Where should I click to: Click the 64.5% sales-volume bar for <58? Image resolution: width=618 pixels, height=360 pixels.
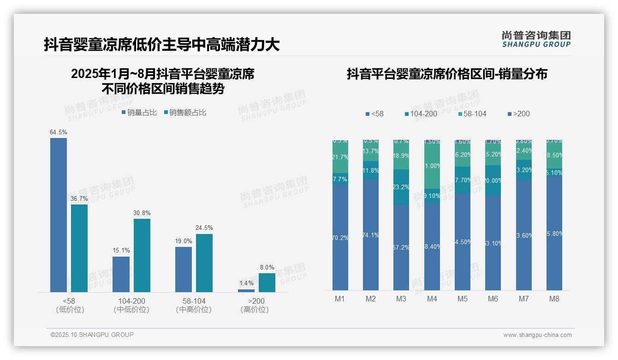coord(59,215)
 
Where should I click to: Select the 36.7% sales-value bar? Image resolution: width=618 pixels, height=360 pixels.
coord(79,248)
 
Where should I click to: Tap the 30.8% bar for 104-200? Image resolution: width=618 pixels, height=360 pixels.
coord(142,255)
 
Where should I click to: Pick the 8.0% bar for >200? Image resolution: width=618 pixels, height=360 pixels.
coord(267,282)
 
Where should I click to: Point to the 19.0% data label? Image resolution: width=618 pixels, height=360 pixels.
coord(184,241)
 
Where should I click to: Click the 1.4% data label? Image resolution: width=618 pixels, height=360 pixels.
coord(246,283)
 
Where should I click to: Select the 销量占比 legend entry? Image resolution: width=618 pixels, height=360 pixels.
coord(139,112)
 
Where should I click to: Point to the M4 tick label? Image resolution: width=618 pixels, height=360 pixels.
coord(432,299)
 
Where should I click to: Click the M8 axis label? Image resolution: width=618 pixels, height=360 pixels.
coord(554,299)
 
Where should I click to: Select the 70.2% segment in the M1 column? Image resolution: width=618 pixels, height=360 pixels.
coord(340,237)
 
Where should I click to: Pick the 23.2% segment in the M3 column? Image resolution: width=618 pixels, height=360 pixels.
coord(401,187)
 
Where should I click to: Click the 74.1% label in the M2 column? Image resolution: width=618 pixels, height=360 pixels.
coord(370,235)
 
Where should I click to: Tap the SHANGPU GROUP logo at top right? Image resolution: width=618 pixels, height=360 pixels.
coord(536,39)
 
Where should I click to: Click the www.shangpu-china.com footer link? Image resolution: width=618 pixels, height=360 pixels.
coord(537,335)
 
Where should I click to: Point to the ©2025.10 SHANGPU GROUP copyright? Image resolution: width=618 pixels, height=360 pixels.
coord(92,335)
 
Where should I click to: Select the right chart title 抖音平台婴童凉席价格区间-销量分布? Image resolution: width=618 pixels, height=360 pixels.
coord(447,74)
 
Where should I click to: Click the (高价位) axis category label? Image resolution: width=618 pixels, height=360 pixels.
coord(255,310)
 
